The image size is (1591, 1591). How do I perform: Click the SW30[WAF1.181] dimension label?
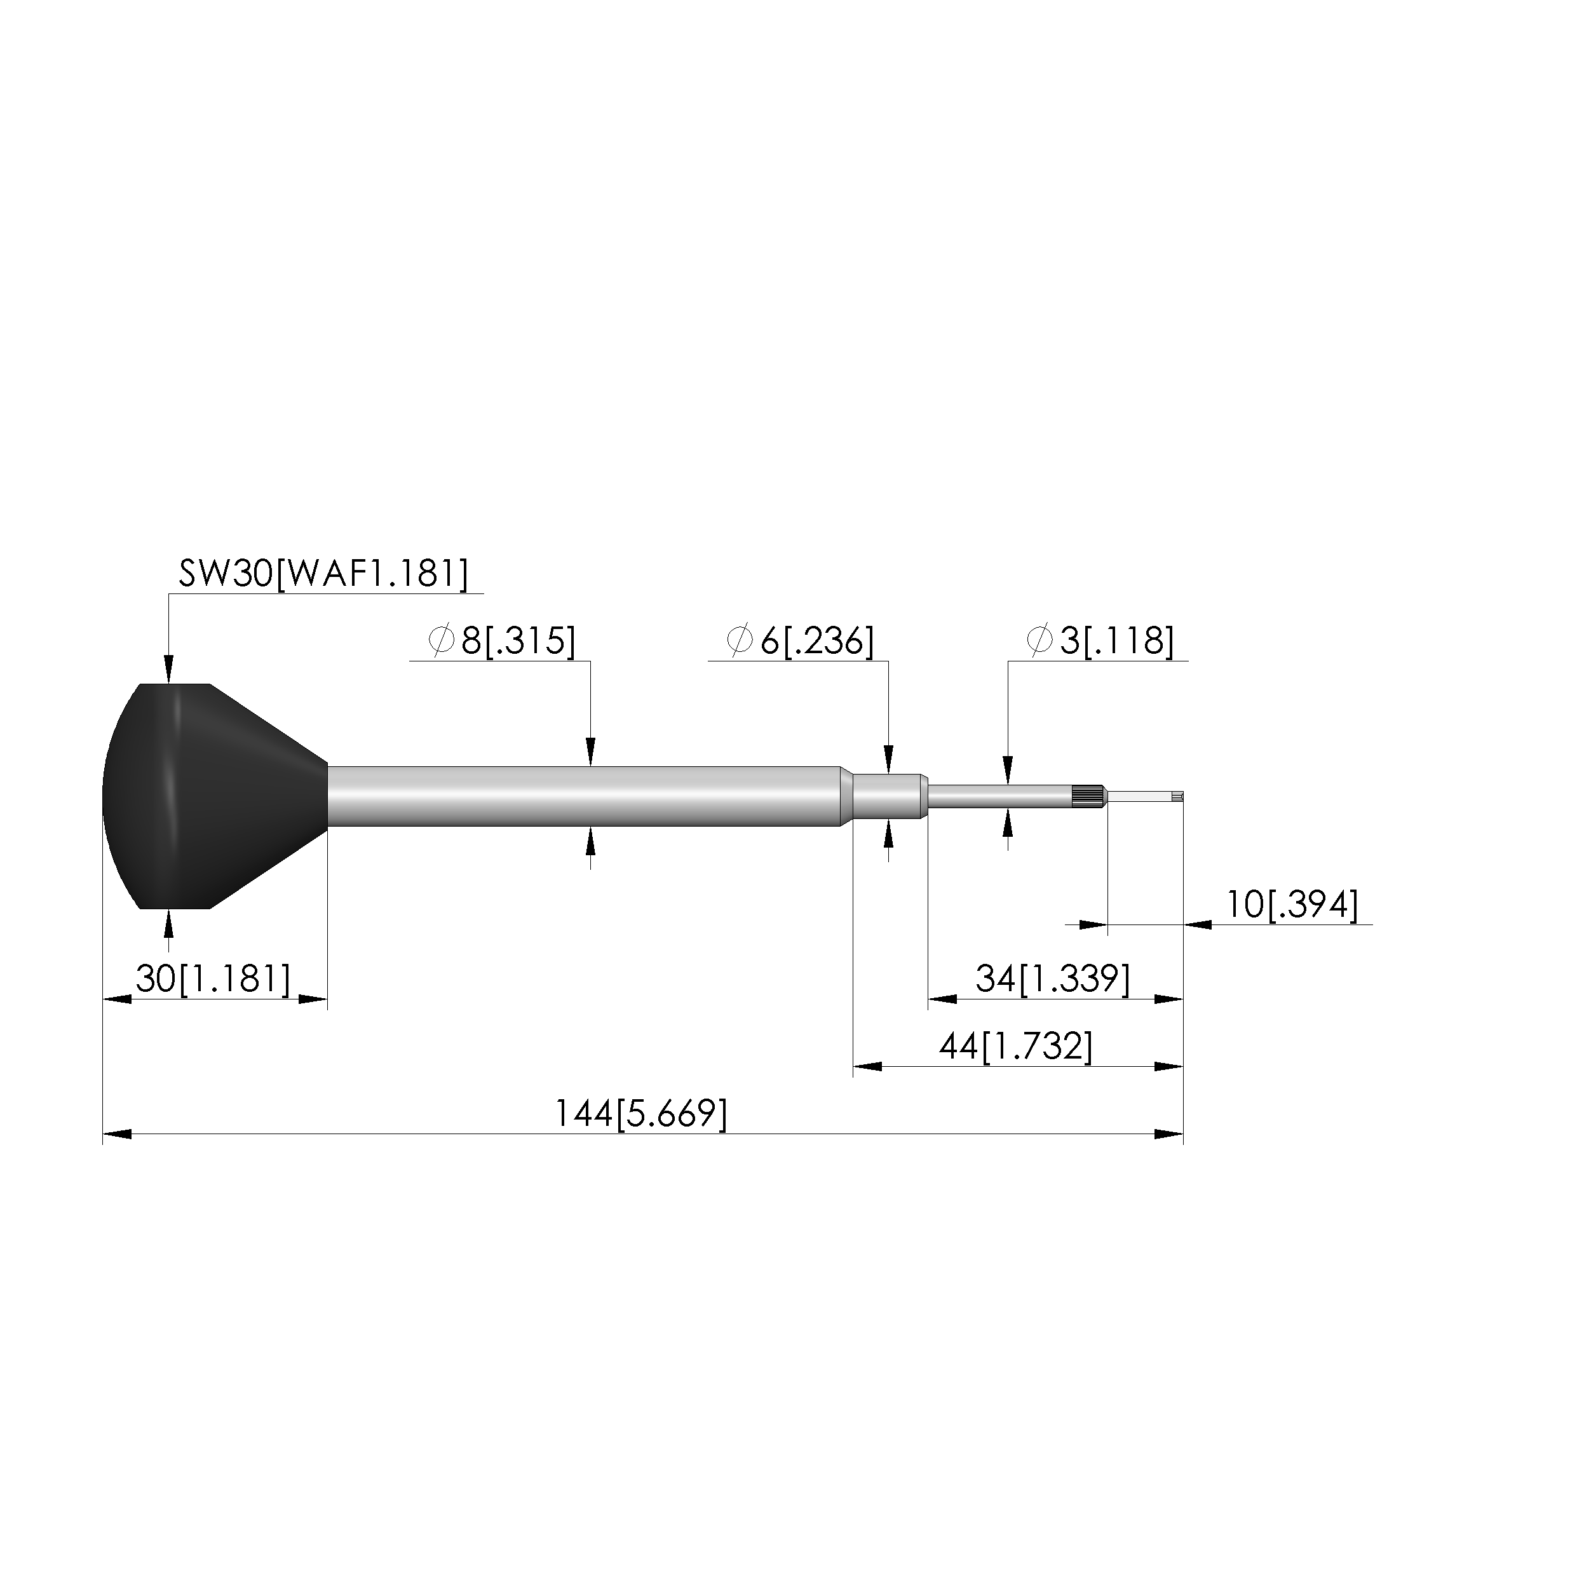[323, 573]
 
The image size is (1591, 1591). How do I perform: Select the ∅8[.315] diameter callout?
[501, 640]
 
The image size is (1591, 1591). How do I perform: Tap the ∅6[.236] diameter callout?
[799, 640]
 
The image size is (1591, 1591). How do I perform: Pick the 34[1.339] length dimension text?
[1052, 979]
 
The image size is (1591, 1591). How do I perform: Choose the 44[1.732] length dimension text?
[1015, 1046]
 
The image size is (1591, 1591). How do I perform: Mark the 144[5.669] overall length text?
[640, 1114]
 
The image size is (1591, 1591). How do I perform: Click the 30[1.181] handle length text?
[213, 979]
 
